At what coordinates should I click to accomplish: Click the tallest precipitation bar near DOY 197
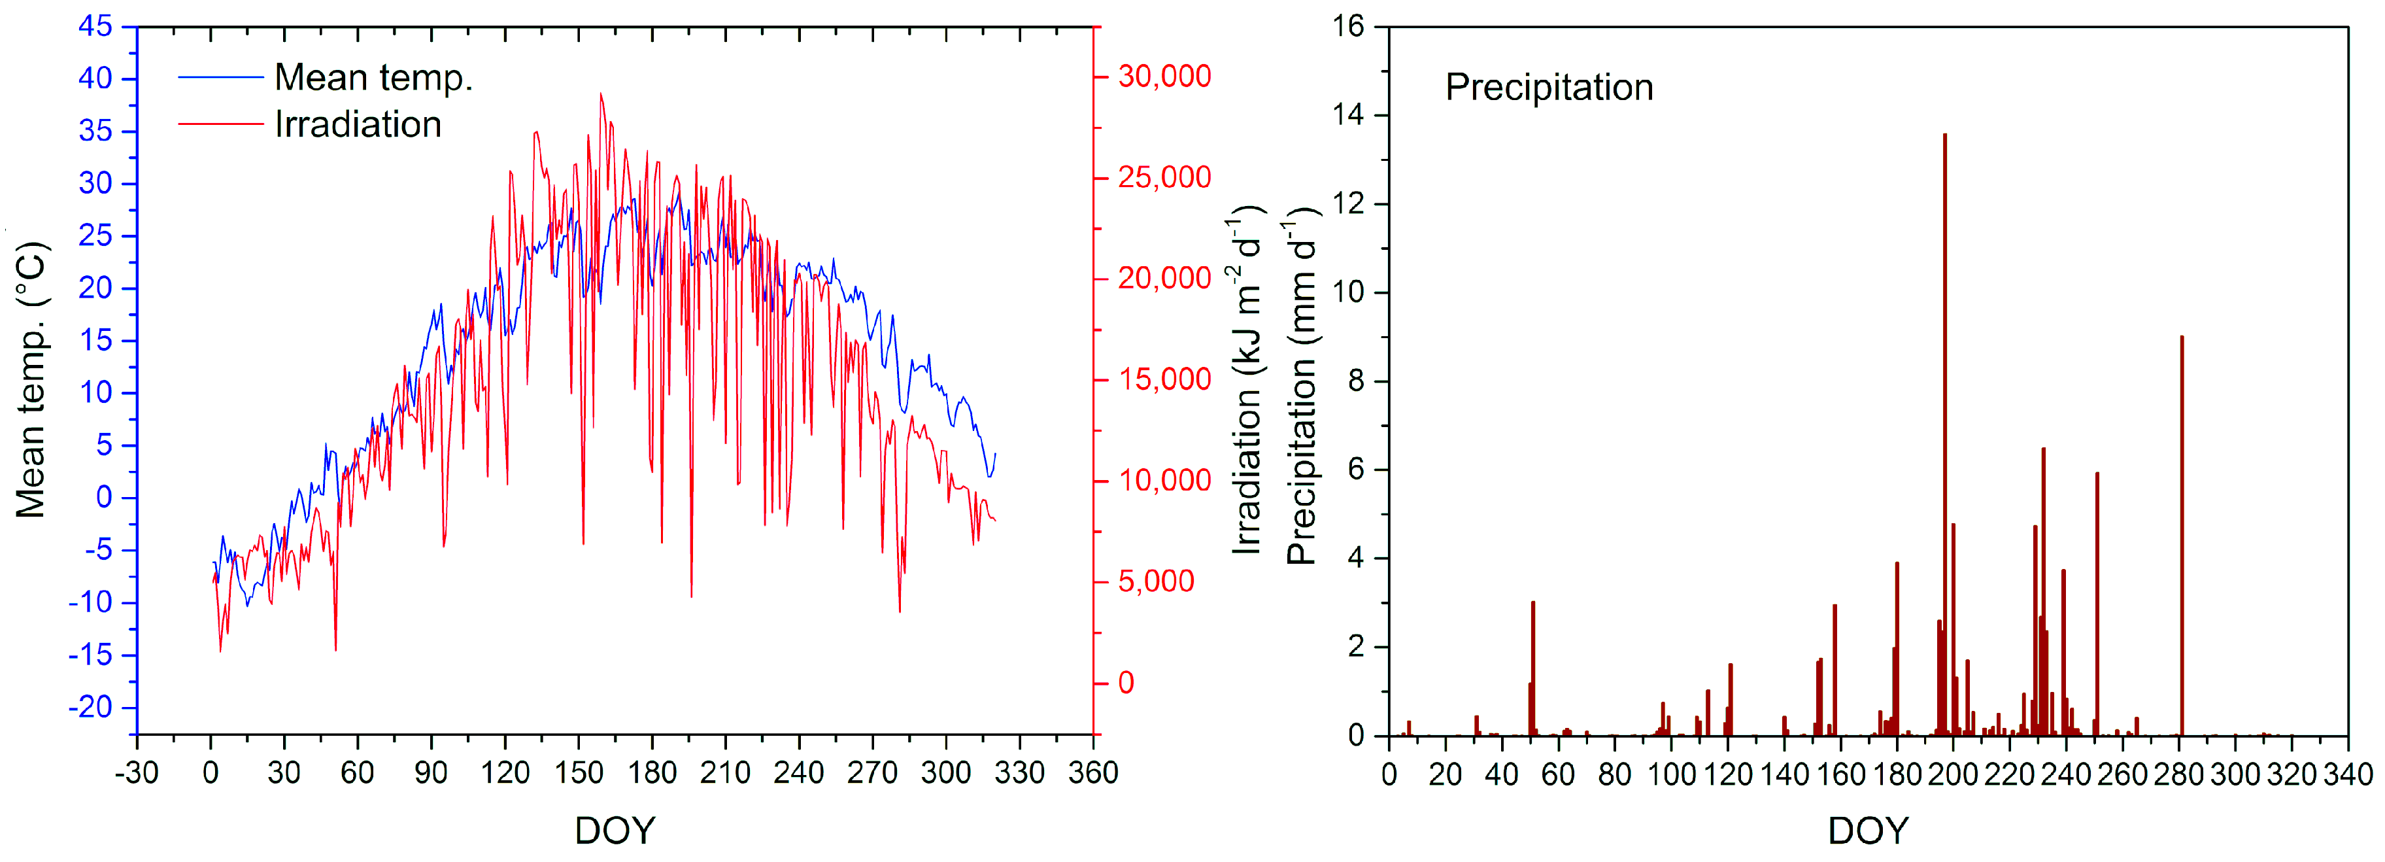click(x=1944, y=435)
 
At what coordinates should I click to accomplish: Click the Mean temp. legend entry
click(x=373, y=78)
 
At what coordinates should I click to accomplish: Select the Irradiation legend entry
click(x=358, y=125)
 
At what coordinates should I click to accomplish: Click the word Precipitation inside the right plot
click(x=1549, y=88)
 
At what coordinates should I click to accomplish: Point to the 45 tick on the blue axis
click(x=95, y=26)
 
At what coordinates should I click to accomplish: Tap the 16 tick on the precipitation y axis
click(x=1349, y=26)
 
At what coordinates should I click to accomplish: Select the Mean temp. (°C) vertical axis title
click(x=31, y=379)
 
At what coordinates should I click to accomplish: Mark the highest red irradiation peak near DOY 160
click(x=601, y=94)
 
